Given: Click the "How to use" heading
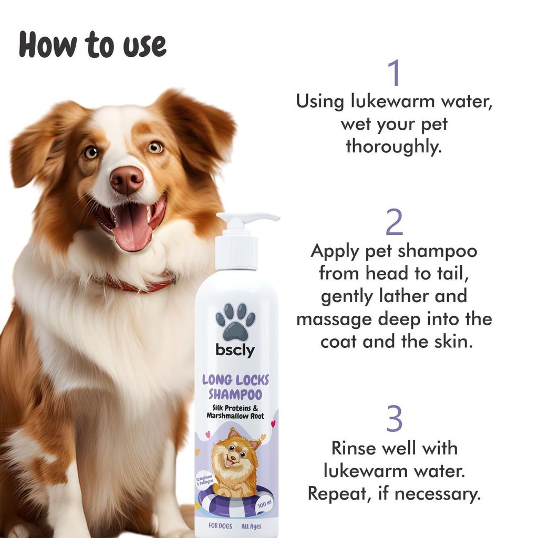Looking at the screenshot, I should pyautogui.click(x=92, y=46).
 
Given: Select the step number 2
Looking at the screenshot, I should pyautogui.click(x=394, y=223).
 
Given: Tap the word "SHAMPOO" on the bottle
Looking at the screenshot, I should pyautogui.click(x=235, y=394).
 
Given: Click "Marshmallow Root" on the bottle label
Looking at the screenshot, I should pyautogui.click(x=235, y=417).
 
